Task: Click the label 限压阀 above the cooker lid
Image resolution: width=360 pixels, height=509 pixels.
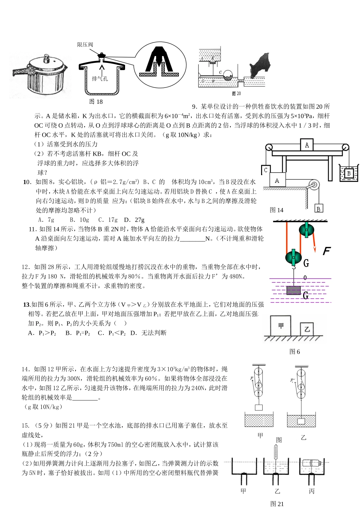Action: (x=85, y=45)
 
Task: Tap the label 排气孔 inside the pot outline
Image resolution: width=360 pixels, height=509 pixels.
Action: (x=100, y=78)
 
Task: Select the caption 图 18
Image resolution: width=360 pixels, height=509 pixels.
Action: (x=95, y=101)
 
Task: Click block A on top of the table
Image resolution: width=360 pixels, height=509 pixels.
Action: (x=307, y=145)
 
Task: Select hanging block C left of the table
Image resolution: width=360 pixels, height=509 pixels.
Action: (x=266, y=170)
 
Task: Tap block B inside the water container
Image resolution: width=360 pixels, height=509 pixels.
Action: (x=348, y=173)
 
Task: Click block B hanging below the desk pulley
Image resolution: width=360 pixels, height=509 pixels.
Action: (x=318, y=208)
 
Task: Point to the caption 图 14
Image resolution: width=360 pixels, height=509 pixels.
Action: (x=276, y=210)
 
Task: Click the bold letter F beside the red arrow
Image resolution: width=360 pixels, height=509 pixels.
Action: (x=326, y=251)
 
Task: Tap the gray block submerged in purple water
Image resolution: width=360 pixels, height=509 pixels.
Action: (x=293, y=290)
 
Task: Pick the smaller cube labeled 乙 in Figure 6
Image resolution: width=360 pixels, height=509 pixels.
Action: (x=307, y=329)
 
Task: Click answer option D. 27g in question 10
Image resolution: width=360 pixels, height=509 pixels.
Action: (x=134, y=220)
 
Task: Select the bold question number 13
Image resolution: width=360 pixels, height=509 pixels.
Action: (x=27, y=304)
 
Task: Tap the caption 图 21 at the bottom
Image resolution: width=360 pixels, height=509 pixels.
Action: (x=277, y=504)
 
